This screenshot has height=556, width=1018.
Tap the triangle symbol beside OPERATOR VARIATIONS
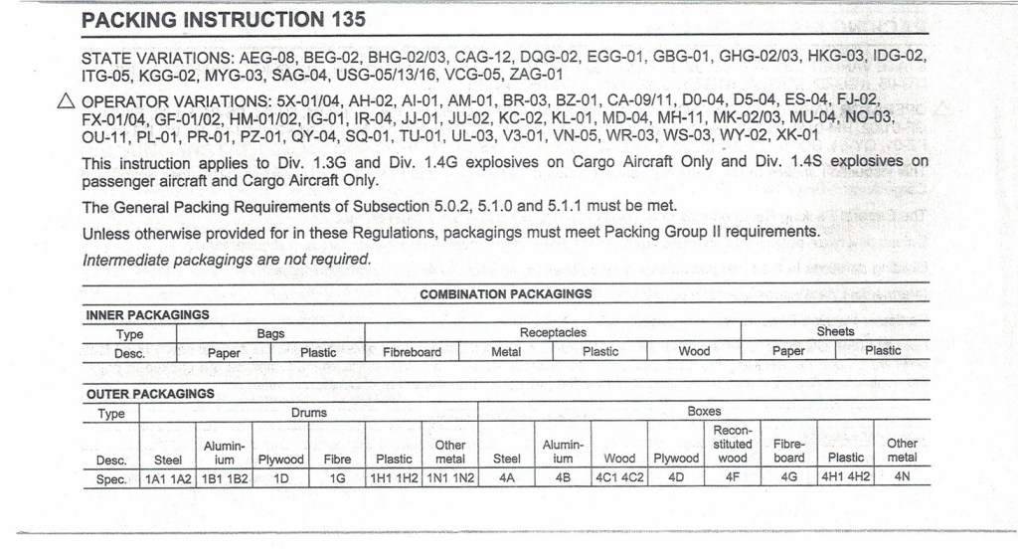pos(68,101)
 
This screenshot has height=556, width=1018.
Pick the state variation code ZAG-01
pos(536,74)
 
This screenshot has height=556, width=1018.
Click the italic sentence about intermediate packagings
pos(227,260)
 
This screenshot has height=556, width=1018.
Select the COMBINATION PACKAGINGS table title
pos(506,294)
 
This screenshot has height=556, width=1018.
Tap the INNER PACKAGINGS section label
pos(148,314)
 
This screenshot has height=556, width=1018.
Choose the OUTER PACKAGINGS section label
pos(150,393)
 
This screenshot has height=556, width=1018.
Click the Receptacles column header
pos(553,332)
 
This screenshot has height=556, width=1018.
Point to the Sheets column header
pos(835,331)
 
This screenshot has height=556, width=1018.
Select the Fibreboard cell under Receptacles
pos(412,351)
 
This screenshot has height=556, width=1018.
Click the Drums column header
pos(308,412)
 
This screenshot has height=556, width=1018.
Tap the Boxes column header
pos(704,411)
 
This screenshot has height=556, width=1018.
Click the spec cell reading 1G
pos(337,478)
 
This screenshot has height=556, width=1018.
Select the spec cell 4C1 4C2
pos(619,478)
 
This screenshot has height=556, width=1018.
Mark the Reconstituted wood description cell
pos(733,444)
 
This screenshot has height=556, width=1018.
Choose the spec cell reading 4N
pos(902,477)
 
